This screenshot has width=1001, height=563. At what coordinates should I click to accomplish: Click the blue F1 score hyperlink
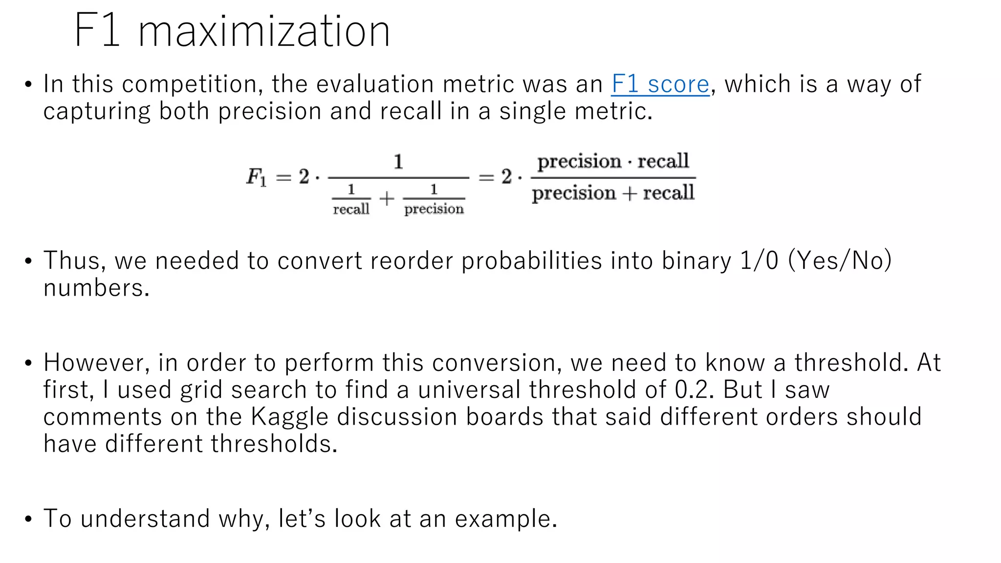[660, 85]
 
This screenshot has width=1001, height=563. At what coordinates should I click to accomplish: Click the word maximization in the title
[264, 32]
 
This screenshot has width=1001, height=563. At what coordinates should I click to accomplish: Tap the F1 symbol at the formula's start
[256, 177]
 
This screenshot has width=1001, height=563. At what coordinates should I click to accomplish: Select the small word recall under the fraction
[351, 210]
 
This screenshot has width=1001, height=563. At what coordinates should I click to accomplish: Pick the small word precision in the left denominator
[434, 209]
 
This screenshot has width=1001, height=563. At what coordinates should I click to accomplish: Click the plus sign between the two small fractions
[387, 198]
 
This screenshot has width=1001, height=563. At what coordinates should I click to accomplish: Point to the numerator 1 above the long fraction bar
[398, 162]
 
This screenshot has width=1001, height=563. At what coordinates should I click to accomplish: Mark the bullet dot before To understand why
[28, 519]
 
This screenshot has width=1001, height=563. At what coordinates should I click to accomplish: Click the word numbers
[96, 288]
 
